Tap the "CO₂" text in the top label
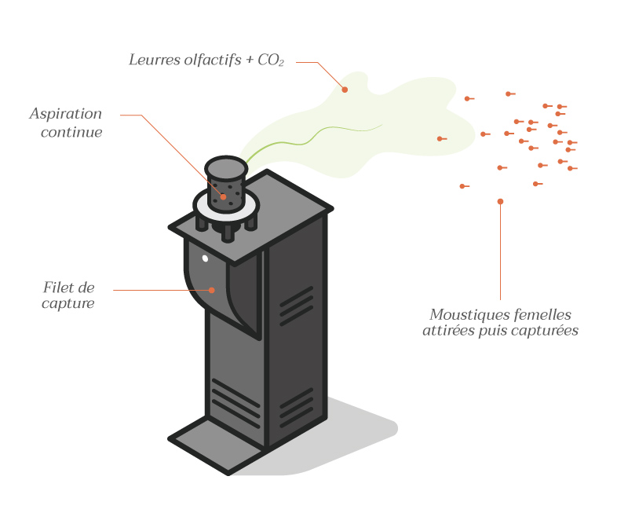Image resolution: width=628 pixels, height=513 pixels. coord(268,60)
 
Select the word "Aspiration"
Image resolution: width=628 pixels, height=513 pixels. coord(66,114)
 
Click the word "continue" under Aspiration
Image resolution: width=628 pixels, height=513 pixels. coord(71,132)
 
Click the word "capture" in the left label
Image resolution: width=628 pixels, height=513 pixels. coord(68,304)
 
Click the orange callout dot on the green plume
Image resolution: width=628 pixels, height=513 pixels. coord(345,90)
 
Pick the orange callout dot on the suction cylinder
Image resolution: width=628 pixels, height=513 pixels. coord(223,196)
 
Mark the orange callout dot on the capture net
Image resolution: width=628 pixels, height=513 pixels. coord(212,290)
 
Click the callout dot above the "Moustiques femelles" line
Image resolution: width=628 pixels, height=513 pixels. coord(500,202)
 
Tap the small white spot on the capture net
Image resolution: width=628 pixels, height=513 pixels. coord(205,258)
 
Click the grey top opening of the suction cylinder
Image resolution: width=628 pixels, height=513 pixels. coord(226,167)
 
